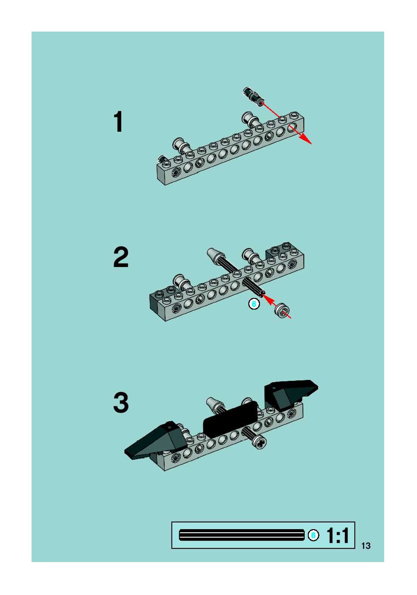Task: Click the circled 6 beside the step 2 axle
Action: [x=254, y=304]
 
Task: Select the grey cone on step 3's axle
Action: [x=214, y=403]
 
